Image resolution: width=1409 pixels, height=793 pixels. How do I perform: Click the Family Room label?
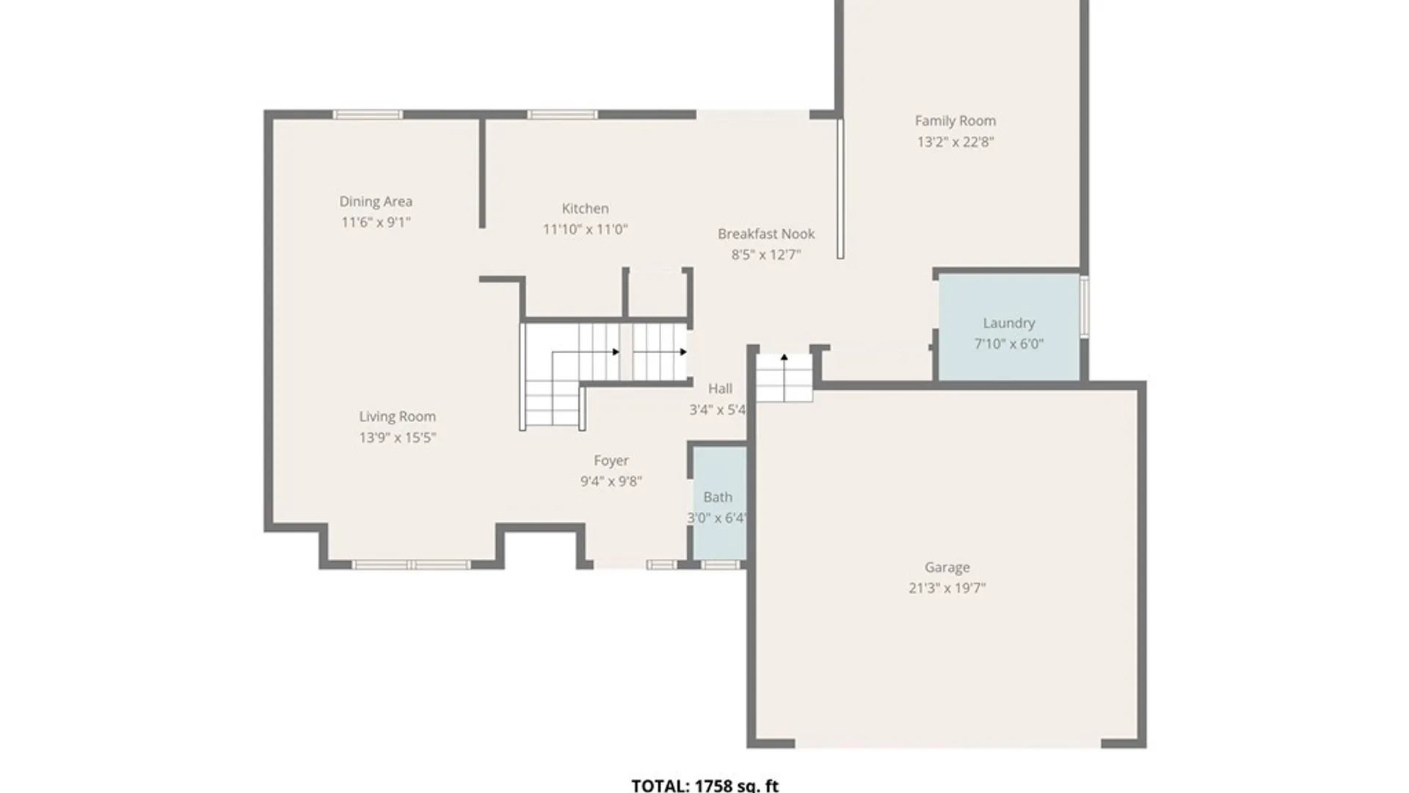(955, 121)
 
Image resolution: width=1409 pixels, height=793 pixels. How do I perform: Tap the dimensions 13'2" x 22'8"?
(955, 142)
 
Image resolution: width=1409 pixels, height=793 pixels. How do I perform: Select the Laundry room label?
(1008, 323)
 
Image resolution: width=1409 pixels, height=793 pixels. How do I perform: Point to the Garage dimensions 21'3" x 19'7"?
(947, 588)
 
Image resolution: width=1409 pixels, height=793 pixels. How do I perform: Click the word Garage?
(947, 568)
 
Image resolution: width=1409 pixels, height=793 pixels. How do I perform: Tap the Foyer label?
(611, 461)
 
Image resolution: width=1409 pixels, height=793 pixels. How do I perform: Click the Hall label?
(720, 388)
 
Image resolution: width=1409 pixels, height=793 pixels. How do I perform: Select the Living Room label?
(397, 417)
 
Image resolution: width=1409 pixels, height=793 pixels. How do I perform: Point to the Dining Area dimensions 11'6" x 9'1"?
(375, 222)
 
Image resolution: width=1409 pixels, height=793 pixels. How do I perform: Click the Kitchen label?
(585, 209)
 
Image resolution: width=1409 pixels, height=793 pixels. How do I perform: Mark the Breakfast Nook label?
(765, 234)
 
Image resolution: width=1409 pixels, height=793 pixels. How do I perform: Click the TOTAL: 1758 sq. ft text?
(704, 785)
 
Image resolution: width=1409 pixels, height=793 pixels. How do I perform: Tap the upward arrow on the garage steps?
(784, 358)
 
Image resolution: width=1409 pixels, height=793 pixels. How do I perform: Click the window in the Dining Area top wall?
(368, 115)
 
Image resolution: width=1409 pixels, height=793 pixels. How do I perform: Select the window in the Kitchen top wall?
(562, 115)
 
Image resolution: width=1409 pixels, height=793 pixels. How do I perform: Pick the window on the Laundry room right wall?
(1084, 306)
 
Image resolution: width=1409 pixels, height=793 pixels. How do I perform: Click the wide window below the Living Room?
(411, 565)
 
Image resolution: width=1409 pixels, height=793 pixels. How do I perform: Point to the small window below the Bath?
(721, 565)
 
